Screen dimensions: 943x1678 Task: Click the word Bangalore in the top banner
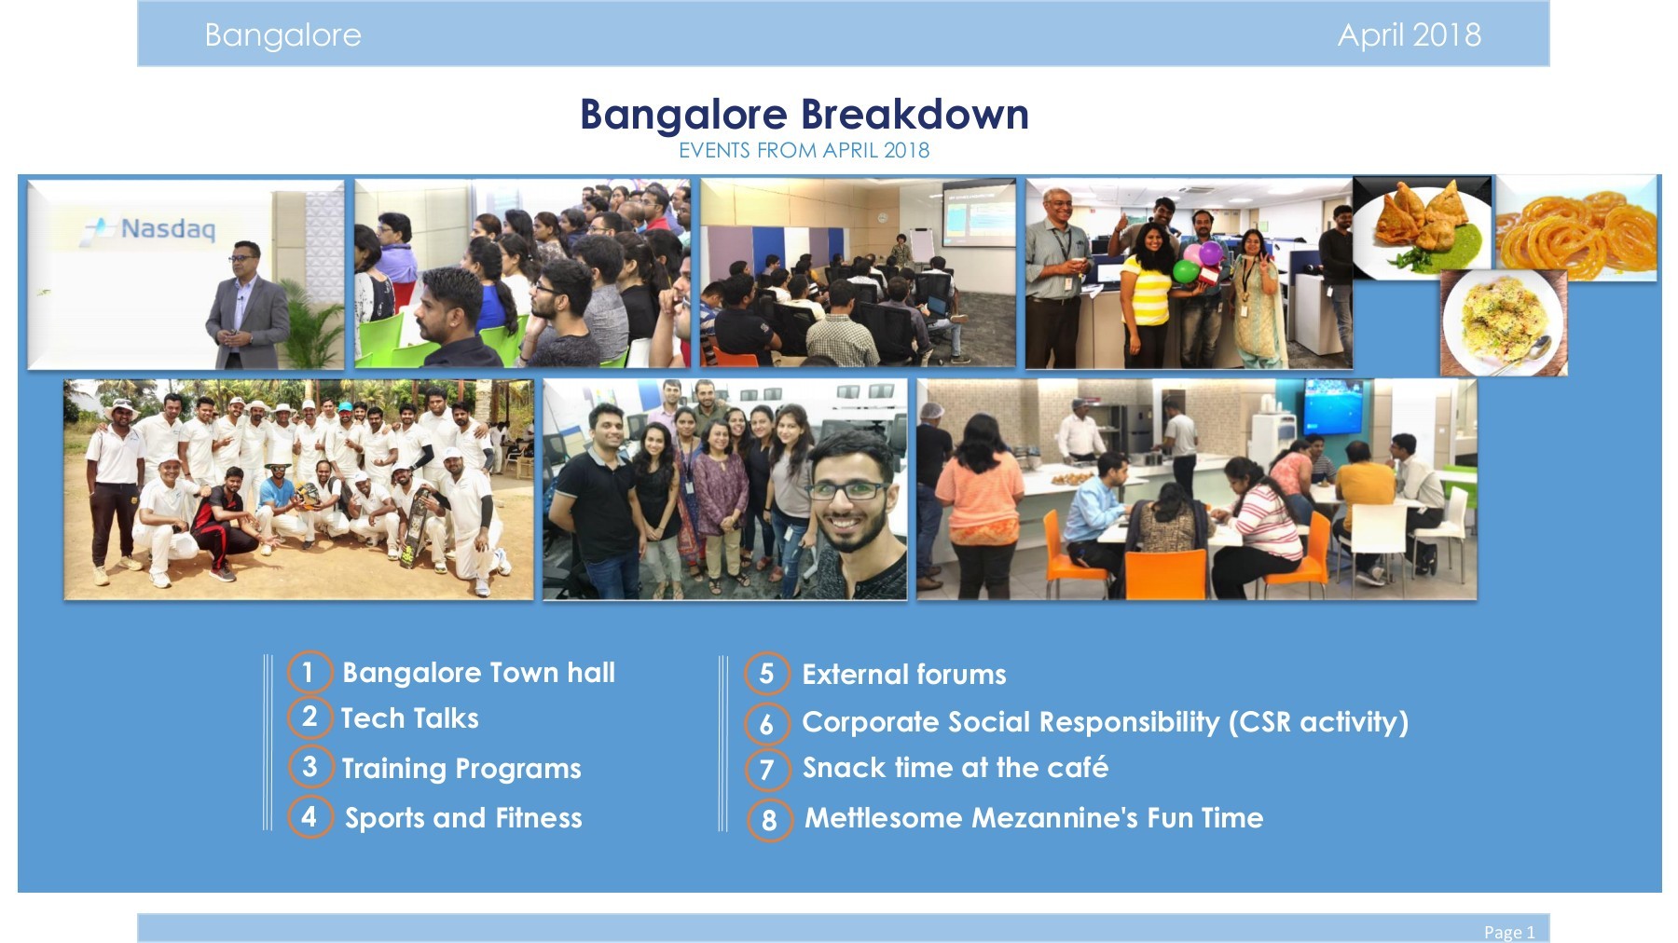[282, 35]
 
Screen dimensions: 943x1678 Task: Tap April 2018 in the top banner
[1409, 35]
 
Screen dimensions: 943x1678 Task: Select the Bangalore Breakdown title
[804, 115]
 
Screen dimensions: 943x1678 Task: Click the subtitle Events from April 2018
[804, 150]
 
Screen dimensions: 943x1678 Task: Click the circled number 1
[309, 672]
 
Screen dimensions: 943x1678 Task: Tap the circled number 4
[309, 816]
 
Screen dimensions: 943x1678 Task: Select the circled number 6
[767, 723]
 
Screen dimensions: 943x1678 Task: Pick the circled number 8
[769, 820]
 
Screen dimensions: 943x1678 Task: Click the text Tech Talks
[409, 718]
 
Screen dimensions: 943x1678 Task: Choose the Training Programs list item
[461, 769]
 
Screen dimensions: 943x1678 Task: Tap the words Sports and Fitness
[463, 818]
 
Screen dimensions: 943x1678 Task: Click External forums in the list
[903, 675]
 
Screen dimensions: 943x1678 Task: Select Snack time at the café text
[955, 768]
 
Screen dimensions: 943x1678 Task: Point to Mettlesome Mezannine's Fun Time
[1033, 818]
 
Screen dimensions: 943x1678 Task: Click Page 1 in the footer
[1508, 932]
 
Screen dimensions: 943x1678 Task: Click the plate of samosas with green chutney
[1419, 225]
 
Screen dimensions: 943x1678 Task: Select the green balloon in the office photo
[1185, 271]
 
